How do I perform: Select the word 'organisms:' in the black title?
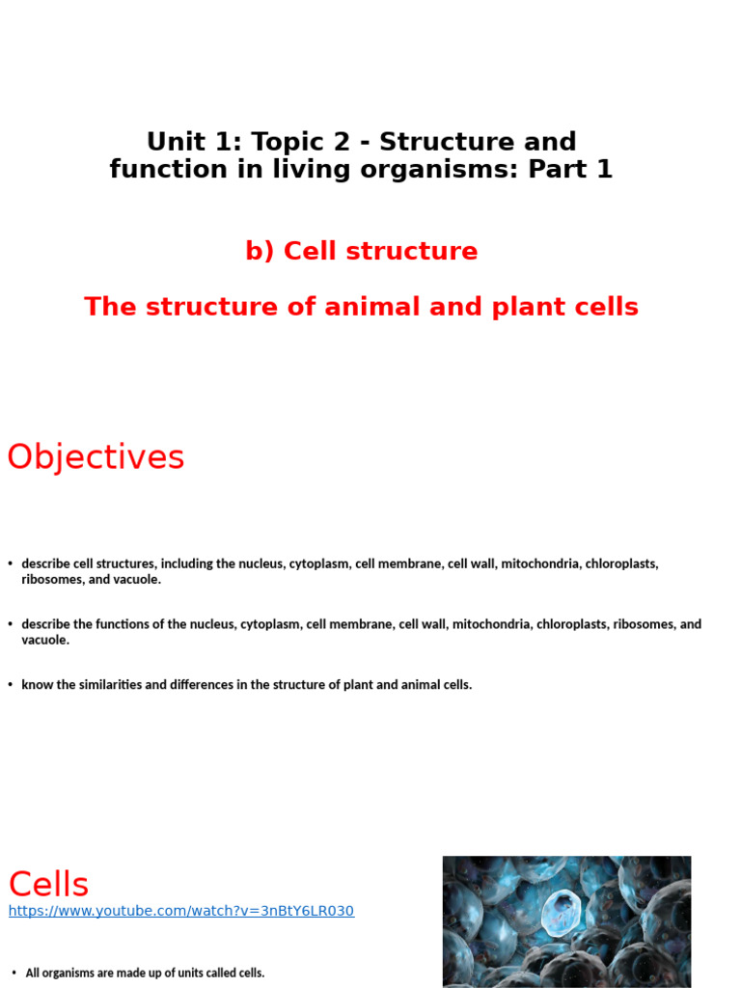coord(443,170)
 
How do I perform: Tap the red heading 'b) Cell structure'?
coord(362,251)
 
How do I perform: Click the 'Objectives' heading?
coord(96,457)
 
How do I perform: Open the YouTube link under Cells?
coord(181,911)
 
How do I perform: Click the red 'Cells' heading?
coord(48,884)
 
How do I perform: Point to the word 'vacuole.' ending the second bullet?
coord(45,640)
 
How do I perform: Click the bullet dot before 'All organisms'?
coord(14,973)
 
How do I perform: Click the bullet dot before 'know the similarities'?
coord(10,685)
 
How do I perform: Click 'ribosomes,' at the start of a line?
coord(52,580)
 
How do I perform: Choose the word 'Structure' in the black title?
coord(438,142)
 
